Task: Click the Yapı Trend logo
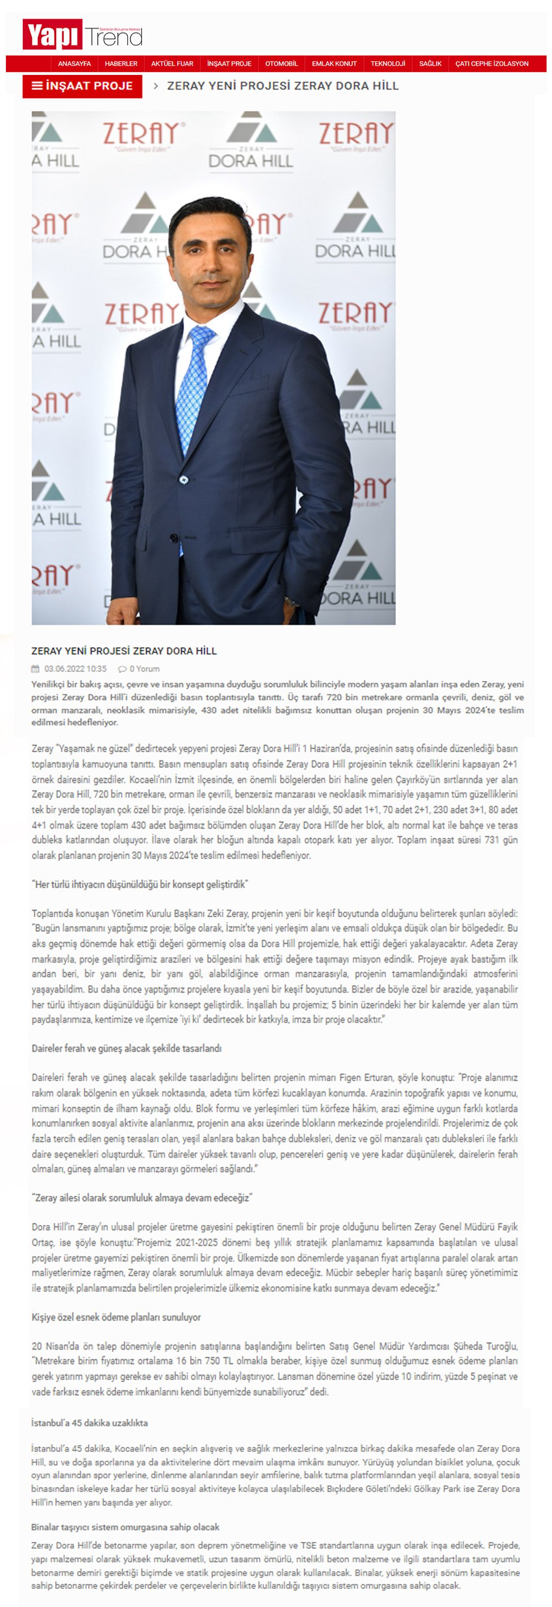point(82,35)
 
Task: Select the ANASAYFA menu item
point(74,64)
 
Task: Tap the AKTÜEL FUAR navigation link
point(172,64)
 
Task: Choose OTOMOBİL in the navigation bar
point(282,64)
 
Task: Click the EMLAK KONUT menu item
point(334,64)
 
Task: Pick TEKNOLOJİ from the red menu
point(388,64)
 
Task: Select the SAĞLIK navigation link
point(430,64)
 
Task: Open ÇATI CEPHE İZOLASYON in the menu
point(491,64)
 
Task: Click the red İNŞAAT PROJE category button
point(82,86)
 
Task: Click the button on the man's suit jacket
point(184,479)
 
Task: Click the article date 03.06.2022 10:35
point(75,669)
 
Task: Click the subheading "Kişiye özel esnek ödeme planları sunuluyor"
point(116,1317)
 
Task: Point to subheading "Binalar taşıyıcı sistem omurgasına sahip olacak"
point(125,1527)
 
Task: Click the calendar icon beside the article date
point(36,669)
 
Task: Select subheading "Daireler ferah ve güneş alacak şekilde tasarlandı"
point(126,1048)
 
